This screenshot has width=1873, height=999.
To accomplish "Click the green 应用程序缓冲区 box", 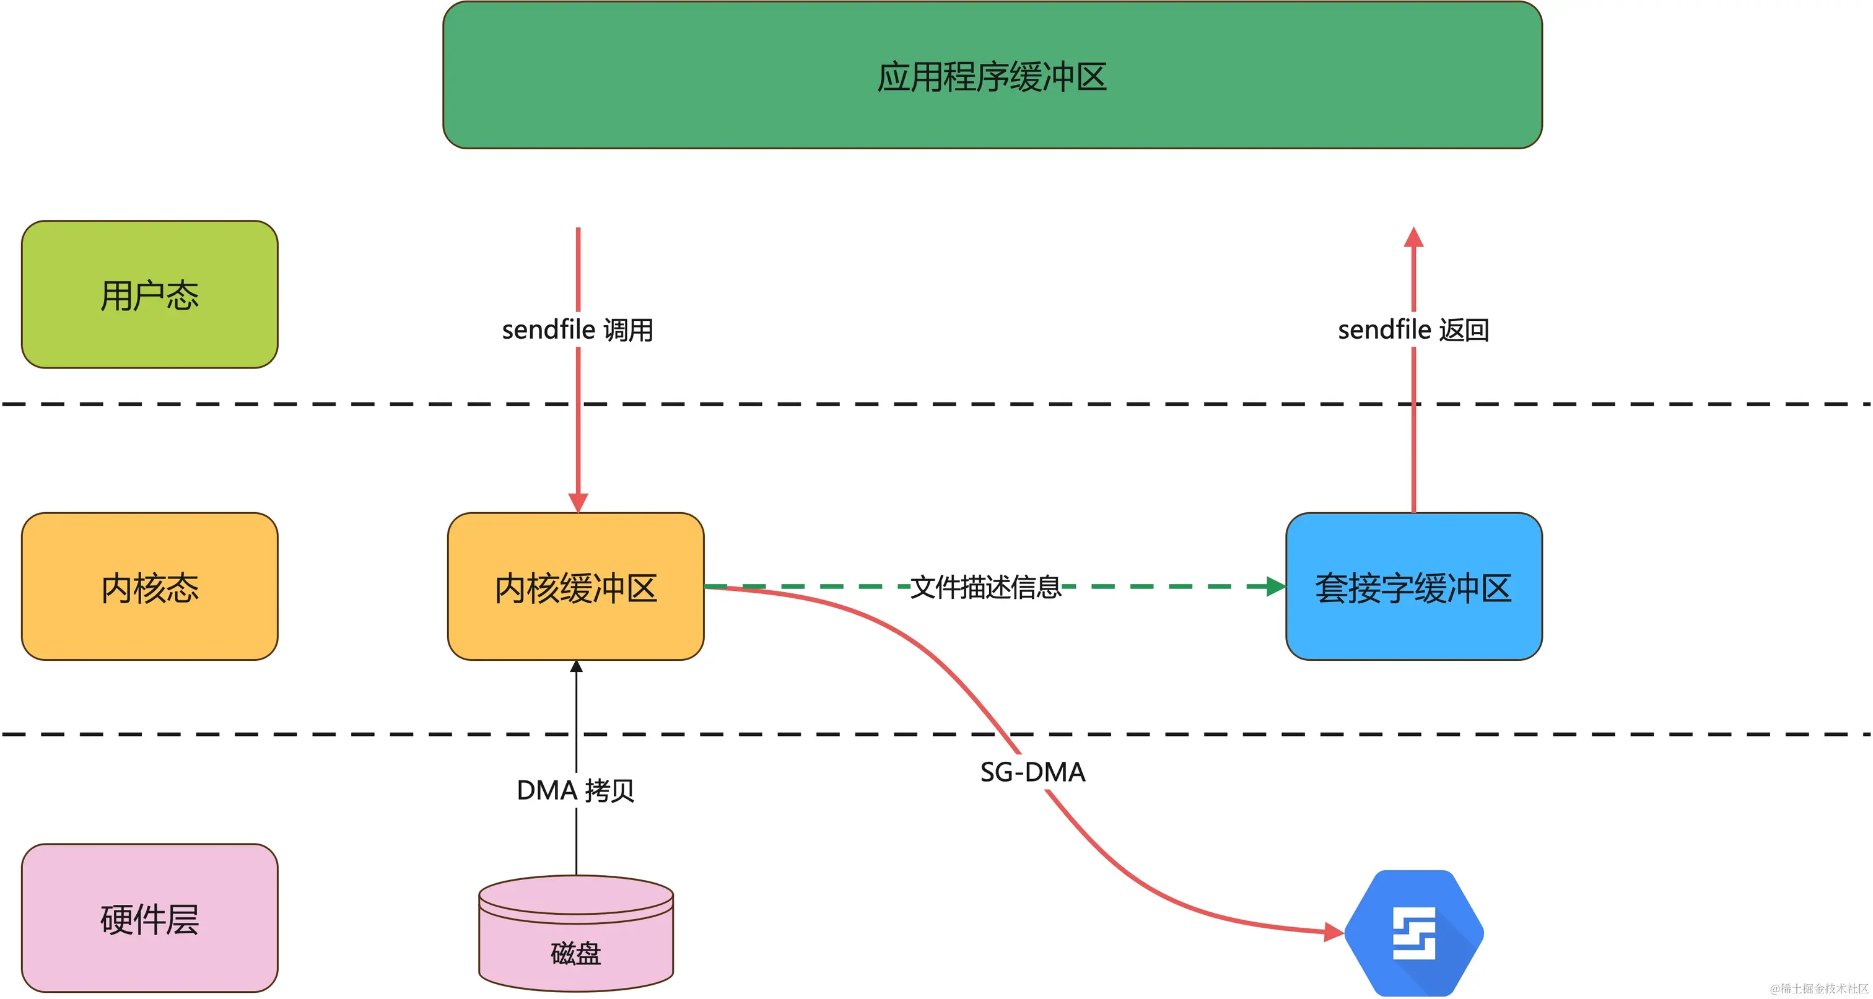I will (992, 76).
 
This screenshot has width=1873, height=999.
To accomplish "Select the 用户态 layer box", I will (150, 294).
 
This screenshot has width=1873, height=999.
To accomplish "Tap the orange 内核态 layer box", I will (150, 587).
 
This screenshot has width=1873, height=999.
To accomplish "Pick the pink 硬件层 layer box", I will (150, 918).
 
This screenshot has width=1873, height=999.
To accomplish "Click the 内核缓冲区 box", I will (576, 587).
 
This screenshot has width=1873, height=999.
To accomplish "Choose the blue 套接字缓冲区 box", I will (1413, 587).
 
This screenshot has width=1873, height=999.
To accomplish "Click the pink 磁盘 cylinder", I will (576, 938).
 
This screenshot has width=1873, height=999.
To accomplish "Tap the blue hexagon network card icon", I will (1413, 933).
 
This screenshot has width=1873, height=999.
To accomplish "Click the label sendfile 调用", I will (577, 330).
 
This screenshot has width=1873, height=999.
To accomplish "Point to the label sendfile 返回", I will (1413, 330).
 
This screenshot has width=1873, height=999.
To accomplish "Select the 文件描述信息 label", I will (986, 587).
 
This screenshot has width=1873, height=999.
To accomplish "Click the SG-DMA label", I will (1033, 772).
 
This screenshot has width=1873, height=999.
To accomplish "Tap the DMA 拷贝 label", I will (575, 790).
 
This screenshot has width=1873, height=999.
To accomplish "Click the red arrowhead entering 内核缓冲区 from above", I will (578, 502).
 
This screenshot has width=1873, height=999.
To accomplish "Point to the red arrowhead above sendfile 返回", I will (1413, 238).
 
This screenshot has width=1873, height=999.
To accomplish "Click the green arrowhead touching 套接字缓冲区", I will (1275, 586).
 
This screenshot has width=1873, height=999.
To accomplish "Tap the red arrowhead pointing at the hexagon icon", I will (1334, 931).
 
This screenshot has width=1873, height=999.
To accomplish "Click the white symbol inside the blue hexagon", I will (1413, 933).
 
